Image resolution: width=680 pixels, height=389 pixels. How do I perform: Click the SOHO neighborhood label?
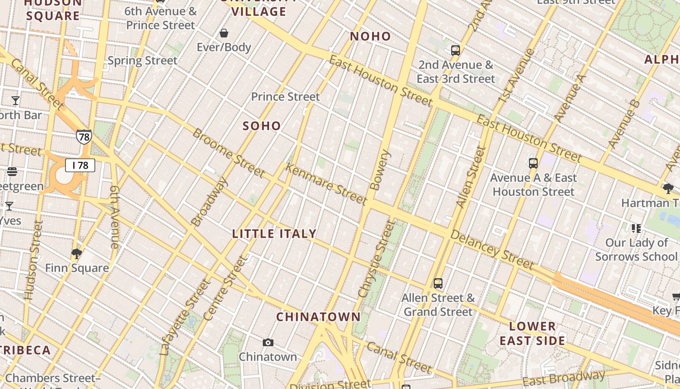coord(262,126)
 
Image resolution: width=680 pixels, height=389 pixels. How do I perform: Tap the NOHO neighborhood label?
coord(370,36)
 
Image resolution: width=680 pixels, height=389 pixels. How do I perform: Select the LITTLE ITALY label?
coord(274,234)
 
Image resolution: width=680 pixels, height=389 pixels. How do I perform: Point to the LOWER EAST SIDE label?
coord(532,333)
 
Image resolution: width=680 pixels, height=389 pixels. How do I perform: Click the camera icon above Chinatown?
coord(268,343)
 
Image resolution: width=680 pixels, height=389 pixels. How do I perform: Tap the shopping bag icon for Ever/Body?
coord(224,33)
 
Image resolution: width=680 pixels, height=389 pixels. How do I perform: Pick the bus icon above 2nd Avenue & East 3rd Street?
coord(455,50)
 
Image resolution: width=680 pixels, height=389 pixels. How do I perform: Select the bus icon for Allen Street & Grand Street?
coord(438,283)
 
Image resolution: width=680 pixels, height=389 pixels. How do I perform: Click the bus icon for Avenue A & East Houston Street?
coord(533,163)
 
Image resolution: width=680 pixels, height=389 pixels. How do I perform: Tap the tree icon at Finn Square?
coord(76,253)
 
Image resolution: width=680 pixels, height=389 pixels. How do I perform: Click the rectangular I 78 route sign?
coord(80,165)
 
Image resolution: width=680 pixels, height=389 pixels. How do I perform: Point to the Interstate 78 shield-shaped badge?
coord(84,137)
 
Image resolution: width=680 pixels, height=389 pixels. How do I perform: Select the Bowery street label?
coord(380,170)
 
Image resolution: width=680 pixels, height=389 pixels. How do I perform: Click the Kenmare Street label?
coord(326,184)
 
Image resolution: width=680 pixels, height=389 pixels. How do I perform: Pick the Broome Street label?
coord(229,153)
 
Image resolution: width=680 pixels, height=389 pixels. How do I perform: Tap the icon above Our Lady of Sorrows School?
coord(636,228)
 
